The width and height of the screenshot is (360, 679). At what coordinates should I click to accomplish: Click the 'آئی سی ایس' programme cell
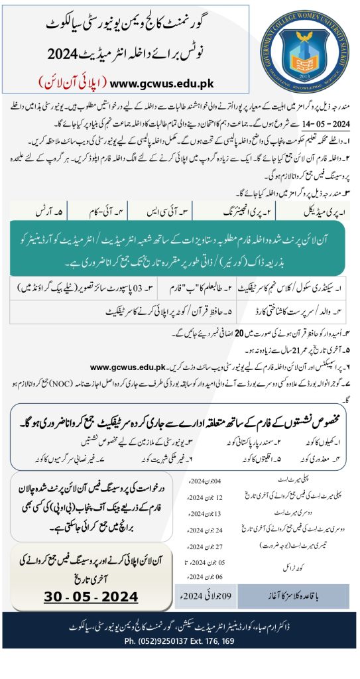click(x=178, y=212)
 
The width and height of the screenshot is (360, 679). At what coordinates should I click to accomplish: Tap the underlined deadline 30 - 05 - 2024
click(x=91, y=597)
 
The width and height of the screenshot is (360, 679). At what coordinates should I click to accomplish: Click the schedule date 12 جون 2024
click(x=198, y=497)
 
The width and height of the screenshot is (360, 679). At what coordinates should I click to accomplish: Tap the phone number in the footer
click(x=180, y=641)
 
